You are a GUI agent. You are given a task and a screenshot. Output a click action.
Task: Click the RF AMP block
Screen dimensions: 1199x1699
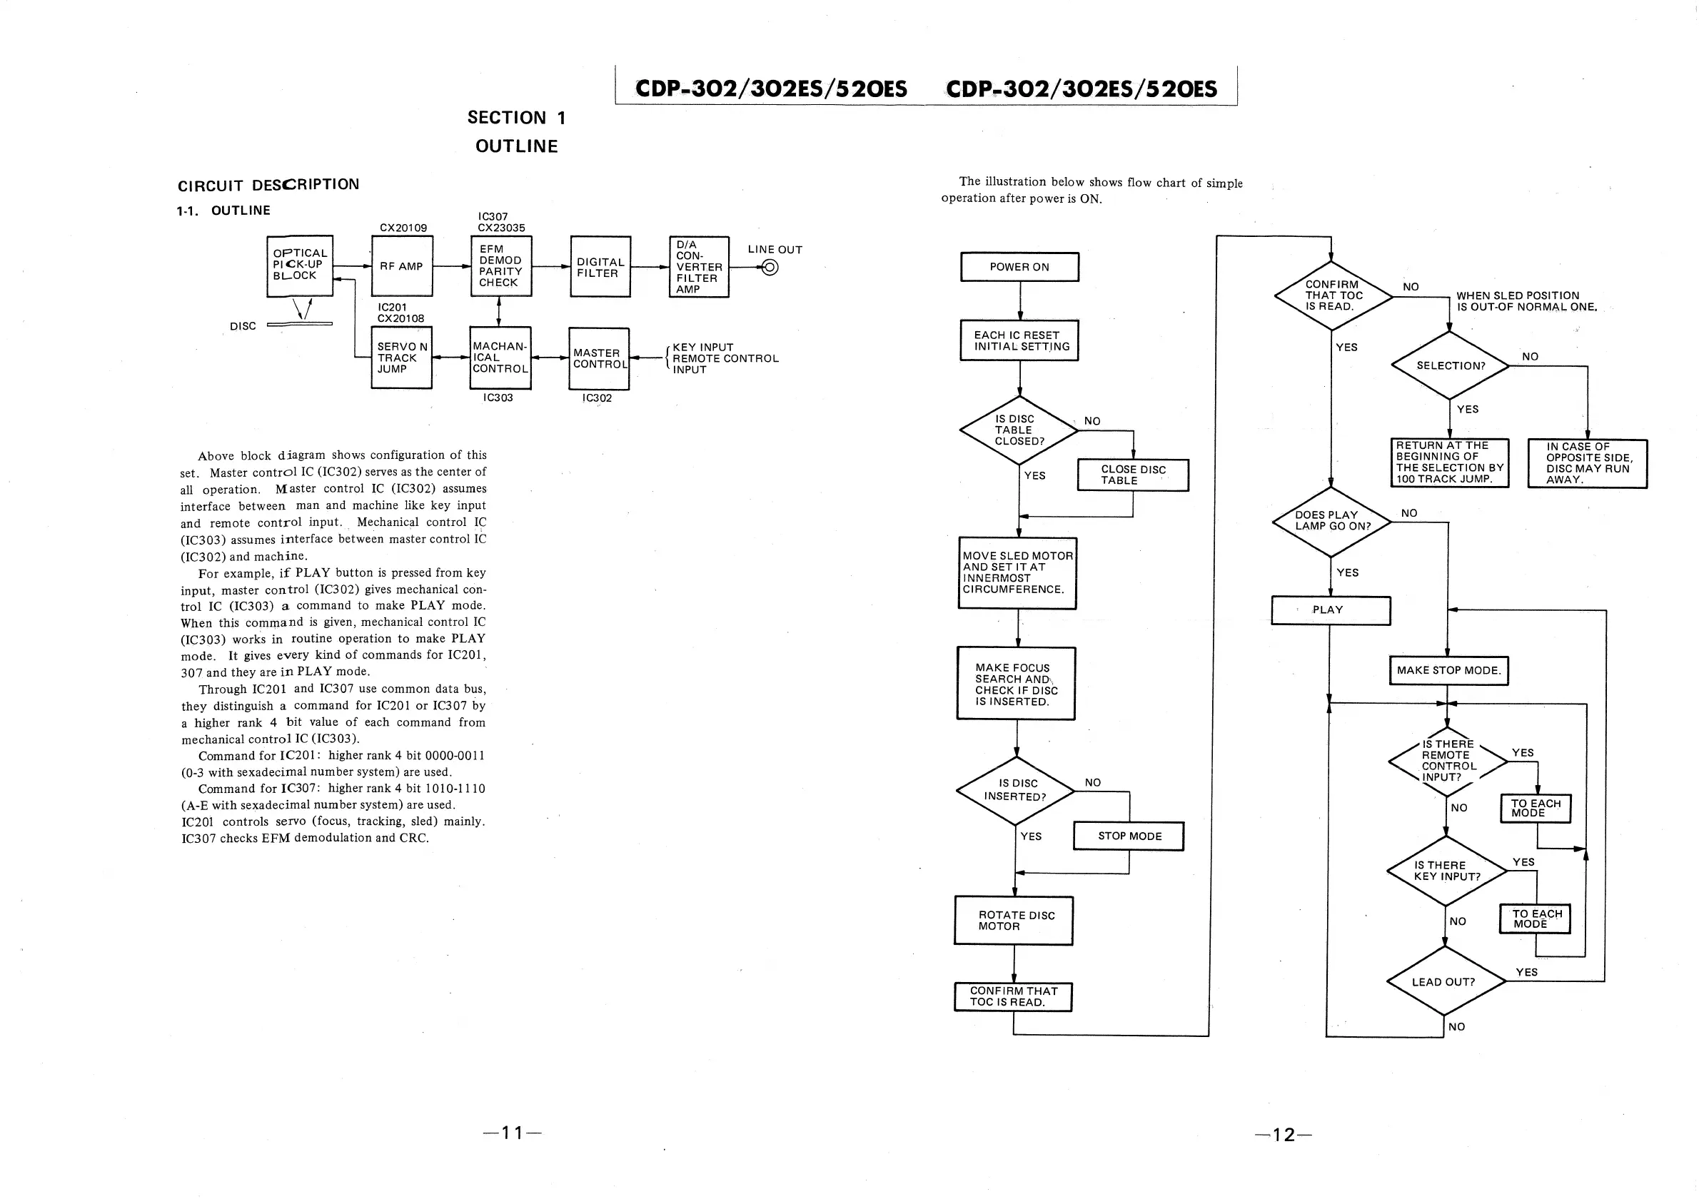click(x=402, y=266)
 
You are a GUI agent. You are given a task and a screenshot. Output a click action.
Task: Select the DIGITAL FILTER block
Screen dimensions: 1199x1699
click(x=600, y=267)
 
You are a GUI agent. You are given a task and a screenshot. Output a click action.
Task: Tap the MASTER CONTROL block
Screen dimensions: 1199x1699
click(x=599, y=359)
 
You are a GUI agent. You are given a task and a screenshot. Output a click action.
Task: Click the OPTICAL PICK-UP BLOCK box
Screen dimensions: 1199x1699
click(x=300, y=265)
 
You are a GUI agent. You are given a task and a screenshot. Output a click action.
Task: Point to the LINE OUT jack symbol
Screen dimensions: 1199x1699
click(x=770, y=267)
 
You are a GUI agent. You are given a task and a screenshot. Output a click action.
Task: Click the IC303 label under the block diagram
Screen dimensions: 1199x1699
click(x=498, y=398)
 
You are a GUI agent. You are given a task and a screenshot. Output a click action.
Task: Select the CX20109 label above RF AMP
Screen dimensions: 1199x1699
click(x=403, y=228)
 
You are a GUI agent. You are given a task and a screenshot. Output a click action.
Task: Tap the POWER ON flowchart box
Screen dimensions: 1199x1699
click(x=1019, y=267)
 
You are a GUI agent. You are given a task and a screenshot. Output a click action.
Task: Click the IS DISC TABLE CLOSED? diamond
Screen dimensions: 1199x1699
click(x=1018, y=430)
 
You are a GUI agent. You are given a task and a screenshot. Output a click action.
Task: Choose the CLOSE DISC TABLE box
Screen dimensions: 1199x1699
click(x=1133, y=475)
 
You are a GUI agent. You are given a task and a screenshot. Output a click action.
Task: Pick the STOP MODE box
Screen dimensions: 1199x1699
click(x=1129, y=836)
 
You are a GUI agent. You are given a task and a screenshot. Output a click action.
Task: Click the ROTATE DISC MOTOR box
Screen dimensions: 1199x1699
click(x=1014, y=921)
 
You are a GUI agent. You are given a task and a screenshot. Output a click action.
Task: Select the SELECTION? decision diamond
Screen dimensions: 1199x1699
click(x=1450, y=365)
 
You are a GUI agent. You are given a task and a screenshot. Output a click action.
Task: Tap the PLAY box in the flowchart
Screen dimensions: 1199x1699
click(x=1331, y=610)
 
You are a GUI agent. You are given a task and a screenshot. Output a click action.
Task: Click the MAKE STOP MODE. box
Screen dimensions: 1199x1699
click(x=1448, y=671)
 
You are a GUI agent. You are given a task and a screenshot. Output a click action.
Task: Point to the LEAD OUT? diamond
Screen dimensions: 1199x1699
click(x=1443, y=981)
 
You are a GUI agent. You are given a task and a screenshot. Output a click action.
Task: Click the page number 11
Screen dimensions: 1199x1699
click(x=513, y=1133)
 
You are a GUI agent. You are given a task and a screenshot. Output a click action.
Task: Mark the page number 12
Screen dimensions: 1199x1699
click(x=1284, y=1135)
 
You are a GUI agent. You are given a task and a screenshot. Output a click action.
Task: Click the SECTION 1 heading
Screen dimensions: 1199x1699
click(x=517, y=118)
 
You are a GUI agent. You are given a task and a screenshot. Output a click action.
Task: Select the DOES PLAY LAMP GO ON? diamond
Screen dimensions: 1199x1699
click(x=1331, y=521)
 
